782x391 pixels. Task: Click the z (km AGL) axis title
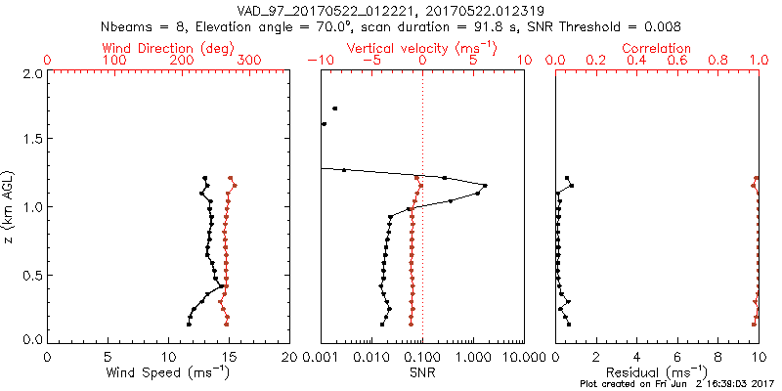[x=9, y=205]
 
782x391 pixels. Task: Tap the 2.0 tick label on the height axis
[x=32, y=73]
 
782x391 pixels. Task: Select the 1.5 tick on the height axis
[x=32, y=140]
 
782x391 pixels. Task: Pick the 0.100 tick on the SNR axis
[x=422, y=356]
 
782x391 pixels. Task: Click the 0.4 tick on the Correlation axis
[x=637, y=61]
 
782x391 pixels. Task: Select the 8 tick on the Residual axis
[x=718, y=356]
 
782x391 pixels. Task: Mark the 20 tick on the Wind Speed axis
[x=290, y=356]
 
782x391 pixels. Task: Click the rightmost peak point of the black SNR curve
[x=485, y=185]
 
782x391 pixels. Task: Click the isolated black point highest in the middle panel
[x=335, y=109]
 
